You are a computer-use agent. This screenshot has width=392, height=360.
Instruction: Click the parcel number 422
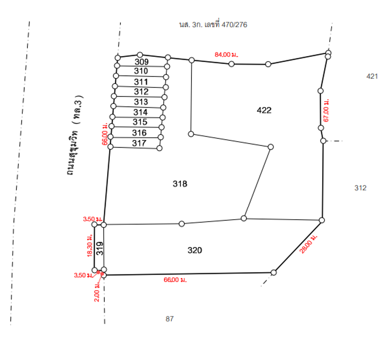coord(264,110)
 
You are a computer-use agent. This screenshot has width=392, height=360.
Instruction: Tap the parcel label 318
coord(180,184)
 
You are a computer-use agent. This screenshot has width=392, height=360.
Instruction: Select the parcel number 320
coord(195,250)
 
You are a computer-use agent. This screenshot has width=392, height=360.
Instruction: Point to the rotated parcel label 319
coord(100,248)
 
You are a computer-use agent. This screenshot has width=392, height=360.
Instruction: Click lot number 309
coord(141,62)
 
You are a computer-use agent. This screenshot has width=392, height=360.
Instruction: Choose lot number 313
coord(141,102)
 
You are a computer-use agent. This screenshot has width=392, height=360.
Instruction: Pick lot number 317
coord(139,143)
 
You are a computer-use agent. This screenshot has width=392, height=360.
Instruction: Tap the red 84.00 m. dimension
coord(227,55)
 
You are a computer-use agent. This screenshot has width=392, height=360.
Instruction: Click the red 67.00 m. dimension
coord(326,110)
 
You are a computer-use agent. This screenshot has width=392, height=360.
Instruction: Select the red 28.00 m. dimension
coord(309,244)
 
